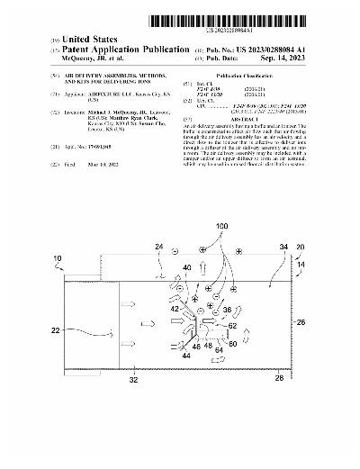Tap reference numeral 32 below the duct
(x=134, y=382)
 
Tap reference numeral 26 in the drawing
(x=301, y=321)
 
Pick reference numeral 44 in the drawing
(x=186, y=357)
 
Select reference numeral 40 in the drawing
(x=187, y=267)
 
